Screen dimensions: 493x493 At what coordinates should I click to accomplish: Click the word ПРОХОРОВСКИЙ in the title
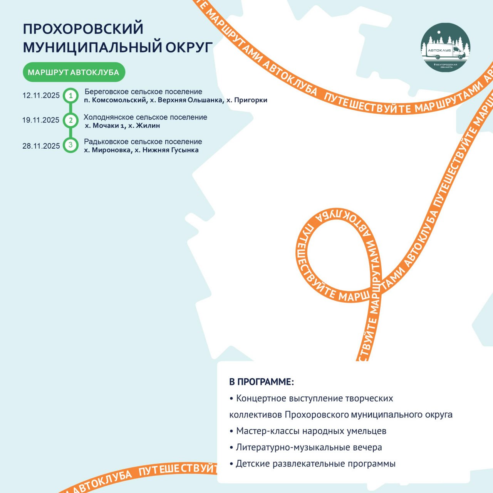83,29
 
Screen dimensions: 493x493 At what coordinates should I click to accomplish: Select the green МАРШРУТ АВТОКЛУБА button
74,72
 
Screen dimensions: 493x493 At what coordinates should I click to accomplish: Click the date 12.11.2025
41,96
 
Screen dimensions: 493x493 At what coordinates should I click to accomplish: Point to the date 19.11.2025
41,120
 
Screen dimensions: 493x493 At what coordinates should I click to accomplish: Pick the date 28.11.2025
41,146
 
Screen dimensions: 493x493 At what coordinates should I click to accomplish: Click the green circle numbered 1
70,96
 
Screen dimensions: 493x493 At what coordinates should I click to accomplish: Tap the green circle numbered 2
70,120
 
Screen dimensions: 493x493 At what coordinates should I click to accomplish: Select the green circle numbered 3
70,145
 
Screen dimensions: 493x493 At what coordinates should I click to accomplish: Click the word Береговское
107,92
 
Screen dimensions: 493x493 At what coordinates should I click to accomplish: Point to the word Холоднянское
109,117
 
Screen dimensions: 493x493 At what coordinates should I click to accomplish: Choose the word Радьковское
106,141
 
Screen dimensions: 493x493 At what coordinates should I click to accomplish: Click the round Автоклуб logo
445,47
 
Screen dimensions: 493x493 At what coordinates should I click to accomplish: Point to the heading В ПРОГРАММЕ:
262,382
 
